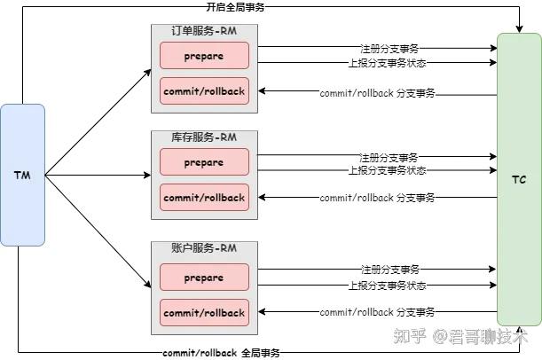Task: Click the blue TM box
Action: click(22, 175)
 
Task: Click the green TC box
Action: click(519, 179)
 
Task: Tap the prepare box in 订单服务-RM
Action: click(204, 56)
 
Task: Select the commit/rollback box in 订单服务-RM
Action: click(204, 90)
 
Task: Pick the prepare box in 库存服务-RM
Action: click(204, 162)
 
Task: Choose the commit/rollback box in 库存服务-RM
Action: click(204, 197)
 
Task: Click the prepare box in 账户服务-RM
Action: click(204, 278)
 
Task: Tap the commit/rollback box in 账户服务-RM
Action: click(204, 312)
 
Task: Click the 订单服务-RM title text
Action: click(204, 31)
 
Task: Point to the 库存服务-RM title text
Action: click(204, 137)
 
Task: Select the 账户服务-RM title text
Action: click(204, 249)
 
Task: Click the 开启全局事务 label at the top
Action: click(234, 7)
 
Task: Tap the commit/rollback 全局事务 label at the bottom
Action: click(221, 352)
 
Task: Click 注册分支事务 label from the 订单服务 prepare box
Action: click(389, 47)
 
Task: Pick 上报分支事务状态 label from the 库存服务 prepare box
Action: click(387, 170)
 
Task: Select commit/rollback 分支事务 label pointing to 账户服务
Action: click(377, 312)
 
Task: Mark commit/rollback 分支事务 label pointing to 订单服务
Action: click(377, 92)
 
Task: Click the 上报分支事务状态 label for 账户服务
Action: click(387, 286)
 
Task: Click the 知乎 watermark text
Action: click(408, 336)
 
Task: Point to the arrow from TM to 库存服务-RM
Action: click(98, 175)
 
